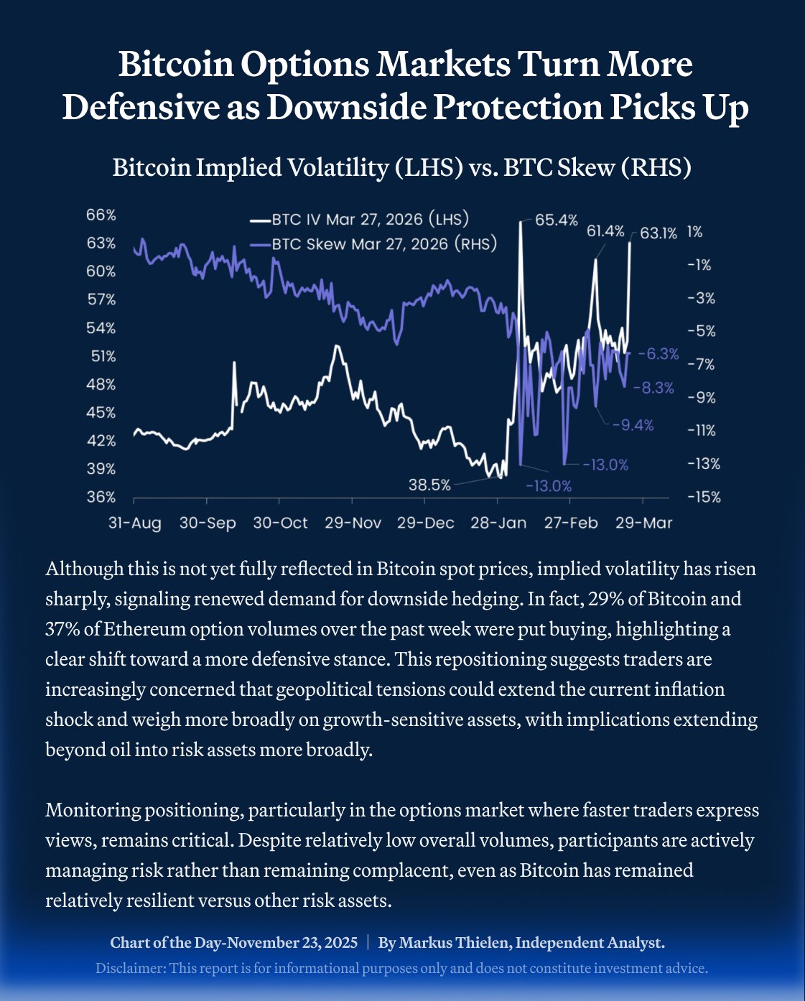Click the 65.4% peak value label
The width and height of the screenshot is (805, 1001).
pos(557,220)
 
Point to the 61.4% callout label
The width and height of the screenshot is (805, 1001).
pos(605,231)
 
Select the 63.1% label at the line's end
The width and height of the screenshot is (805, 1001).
pos(658,233)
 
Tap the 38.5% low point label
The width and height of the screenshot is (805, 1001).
pos(429,485)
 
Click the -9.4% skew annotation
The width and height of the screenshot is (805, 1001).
pos(633,425)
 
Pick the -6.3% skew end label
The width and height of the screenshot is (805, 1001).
pos(658,354)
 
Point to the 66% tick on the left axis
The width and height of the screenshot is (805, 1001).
pos(101,215)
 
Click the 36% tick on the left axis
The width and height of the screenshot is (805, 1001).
pos(101,497)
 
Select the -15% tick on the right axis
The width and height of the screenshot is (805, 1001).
pos(703,497)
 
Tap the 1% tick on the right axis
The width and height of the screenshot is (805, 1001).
pos(694,232)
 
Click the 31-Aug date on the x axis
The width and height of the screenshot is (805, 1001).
pos(134,523)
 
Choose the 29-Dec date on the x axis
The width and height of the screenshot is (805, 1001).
pos(425,523)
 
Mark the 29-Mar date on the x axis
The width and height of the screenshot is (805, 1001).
pos(643,523)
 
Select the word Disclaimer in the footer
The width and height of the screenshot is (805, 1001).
pos(129,968)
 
